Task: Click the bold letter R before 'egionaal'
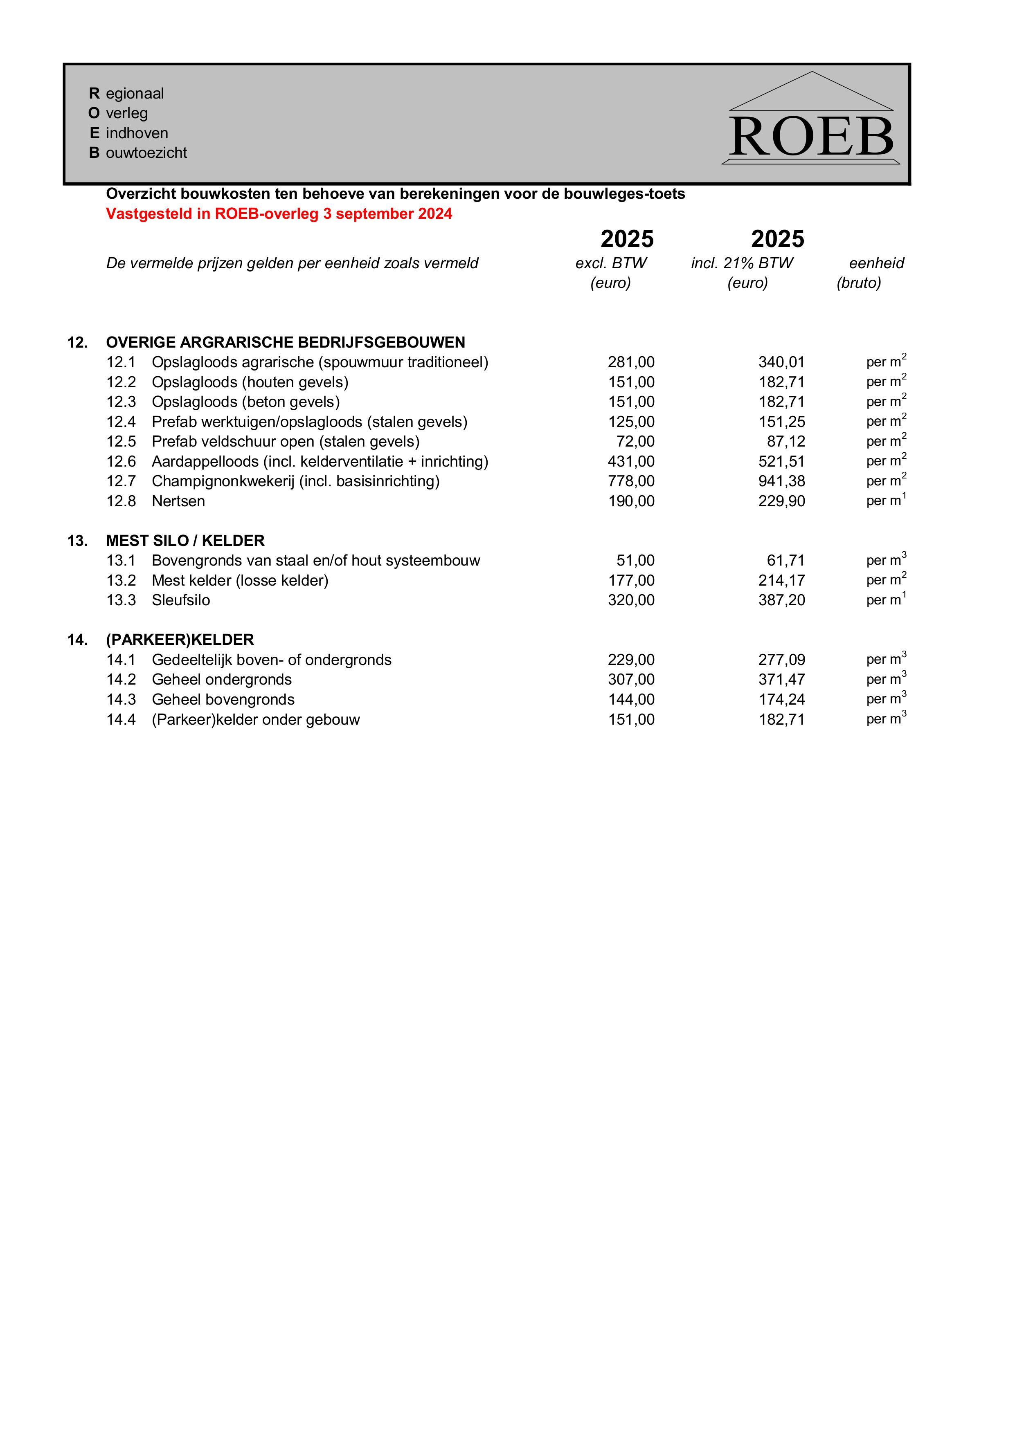coord(95,94)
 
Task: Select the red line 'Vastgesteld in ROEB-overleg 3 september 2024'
coord(279,214)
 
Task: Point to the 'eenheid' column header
coord(876,263)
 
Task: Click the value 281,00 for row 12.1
coord(631,362)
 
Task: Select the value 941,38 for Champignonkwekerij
coord(782,481)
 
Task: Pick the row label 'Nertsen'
coord(178,501)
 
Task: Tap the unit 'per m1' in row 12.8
coord(886,501)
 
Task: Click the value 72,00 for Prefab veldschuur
coord(635,442)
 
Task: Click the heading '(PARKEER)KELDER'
coord(180,640)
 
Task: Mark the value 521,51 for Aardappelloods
coord(782,462)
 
